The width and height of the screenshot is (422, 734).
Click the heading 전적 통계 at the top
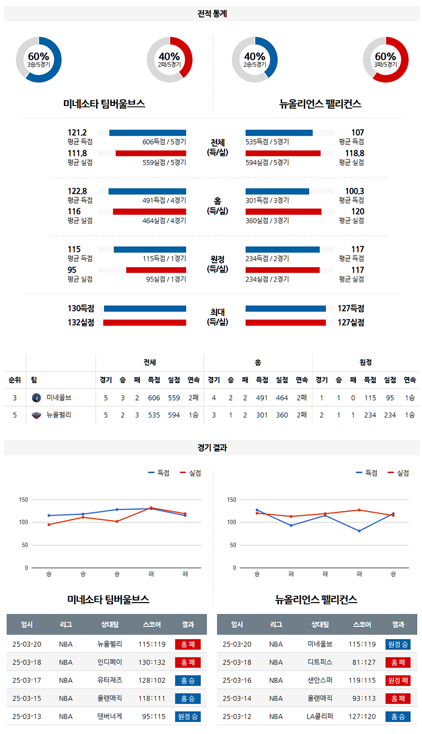point(211,14)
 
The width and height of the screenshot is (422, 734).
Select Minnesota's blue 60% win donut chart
point(39,60)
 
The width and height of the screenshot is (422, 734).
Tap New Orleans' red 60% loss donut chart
point(386,60)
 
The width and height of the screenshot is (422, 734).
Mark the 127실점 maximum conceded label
point(351,322)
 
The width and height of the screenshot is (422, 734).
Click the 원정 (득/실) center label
point(217,264)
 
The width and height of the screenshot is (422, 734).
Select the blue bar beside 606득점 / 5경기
point(147,132)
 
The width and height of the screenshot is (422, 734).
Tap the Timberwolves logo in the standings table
point(36,397)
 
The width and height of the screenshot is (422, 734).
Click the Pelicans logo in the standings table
point(36,415)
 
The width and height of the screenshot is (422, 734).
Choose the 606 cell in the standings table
point(154,397)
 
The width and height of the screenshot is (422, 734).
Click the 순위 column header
point(15,380)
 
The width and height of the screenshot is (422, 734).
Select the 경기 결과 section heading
point(211,448)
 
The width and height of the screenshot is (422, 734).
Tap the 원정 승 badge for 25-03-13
point(187,717)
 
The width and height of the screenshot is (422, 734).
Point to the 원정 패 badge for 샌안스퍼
point(398,681)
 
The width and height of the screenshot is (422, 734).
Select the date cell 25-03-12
point(237,717)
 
